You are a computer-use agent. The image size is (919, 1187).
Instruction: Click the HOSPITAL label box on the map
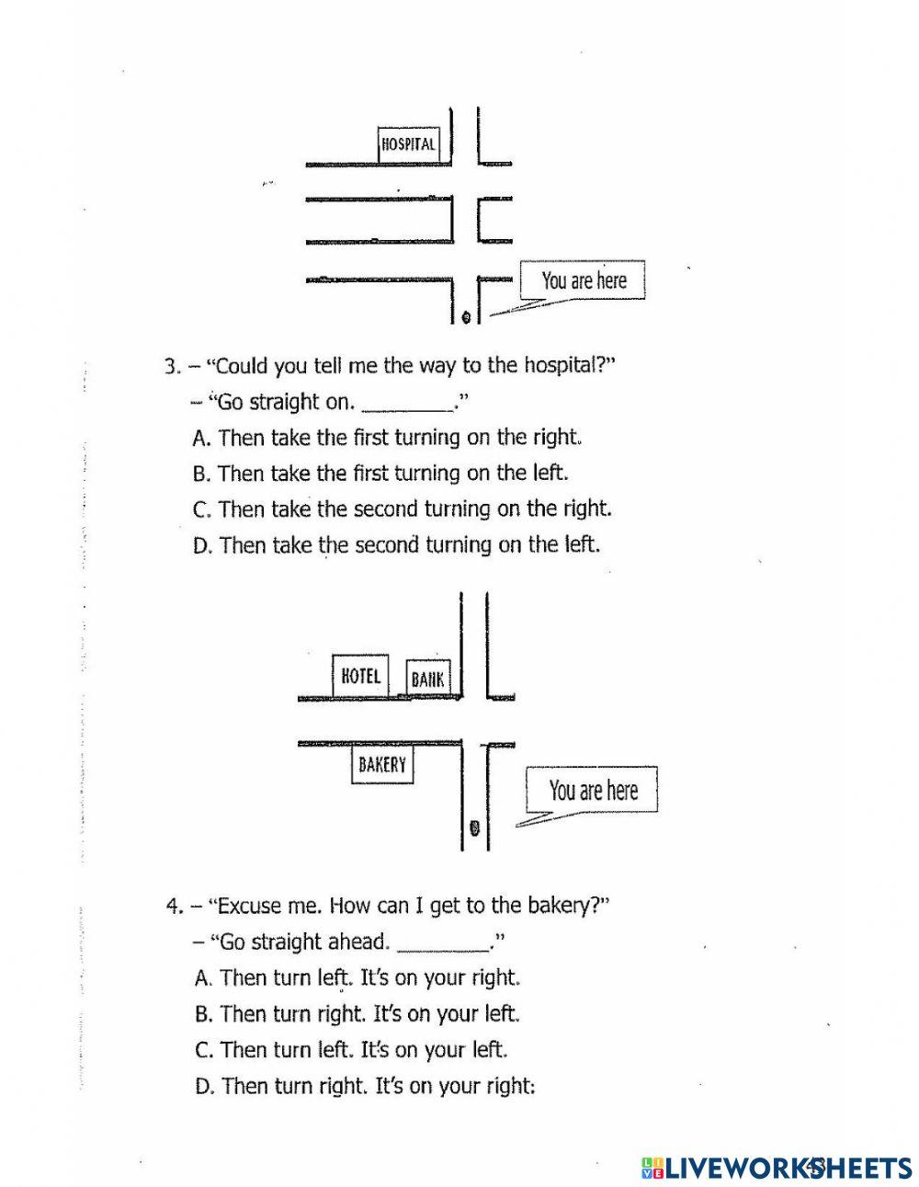[x=409, y=144]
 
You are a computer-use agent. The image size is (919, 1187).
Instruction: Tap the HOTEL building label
[x=360, y=677]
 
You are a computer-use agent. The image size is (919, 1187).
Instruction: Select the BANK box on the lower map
[x=428, y=679]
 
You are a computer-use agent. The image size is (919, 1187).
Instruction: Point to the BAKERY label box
[x=382, y=764]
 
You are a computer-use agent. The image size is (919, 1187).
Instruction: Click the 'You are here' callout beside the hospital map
[x=584, y=280]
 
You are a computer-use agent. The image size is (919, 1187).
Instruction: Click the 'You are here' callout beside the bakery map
[x=593, y=790]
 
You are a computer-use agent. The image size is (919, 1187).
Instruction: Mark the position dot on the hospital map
[x=466, y=317]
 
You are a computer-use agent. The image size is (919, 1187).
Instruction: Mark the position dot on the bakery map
[x=474, y=828]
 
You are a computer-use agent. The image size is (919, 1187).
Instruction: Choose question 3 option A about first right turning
[x=389, y=438]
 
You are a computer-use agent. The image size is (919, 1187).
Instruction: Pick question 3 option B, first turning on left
[x=381, y=474]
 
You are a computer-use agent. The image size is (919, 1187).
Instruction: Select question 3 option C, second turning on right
[x=403, y=509]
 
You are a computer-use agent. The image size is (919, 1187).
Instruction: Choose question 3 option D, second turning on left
[x=396, y=545]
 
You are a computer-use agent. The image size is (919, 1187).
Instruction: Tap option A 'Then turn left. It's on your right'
[x=358, y=977]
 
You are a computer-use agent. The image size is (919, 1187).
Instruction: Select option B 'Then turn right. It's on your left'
[x=358, y=1014]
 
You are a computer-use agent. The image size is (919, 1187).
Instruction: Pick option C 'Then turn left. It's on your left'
[x=352, y=1050]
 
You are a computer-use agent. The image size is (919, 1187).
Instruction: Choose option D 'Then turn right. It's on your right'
[x=365, y=1087]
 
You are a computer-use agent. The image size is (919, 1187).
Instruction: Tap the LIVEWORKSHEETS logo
[x=777, y=1167]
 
